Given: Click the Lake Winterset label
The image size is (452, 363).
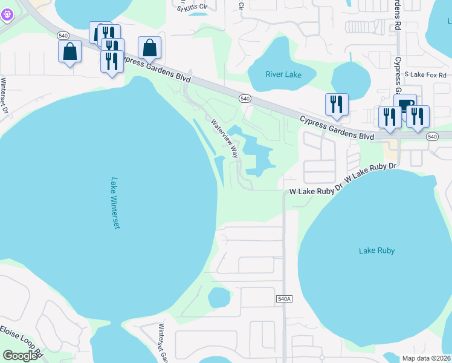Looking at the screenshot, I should coord(115,203).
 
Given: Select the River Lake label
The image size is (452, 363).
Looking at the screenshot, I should coord(283,74).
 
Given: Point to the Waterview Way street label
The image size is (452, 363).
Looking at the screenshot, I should coord(225,139).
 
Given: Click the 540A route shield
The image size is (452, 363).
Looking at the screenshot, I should coord(284,299).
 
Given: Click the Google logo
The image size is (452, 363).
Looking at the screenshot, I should coord(20,356).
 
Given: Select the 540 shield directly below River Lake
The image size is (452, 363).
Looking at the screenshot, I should coord(245,98).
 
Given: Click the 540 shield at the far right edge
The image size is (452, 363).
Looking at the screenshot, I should coord(431,137).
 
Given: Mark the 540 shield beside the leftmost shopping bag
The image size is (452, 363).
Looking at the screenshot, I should coord(63,36).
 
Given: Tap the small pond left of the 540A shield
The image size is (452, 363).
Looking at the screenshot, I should coord(219,297).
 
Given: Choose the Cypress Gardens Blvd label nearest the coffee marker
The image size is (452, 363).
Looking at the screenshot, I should coord(338,128).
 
